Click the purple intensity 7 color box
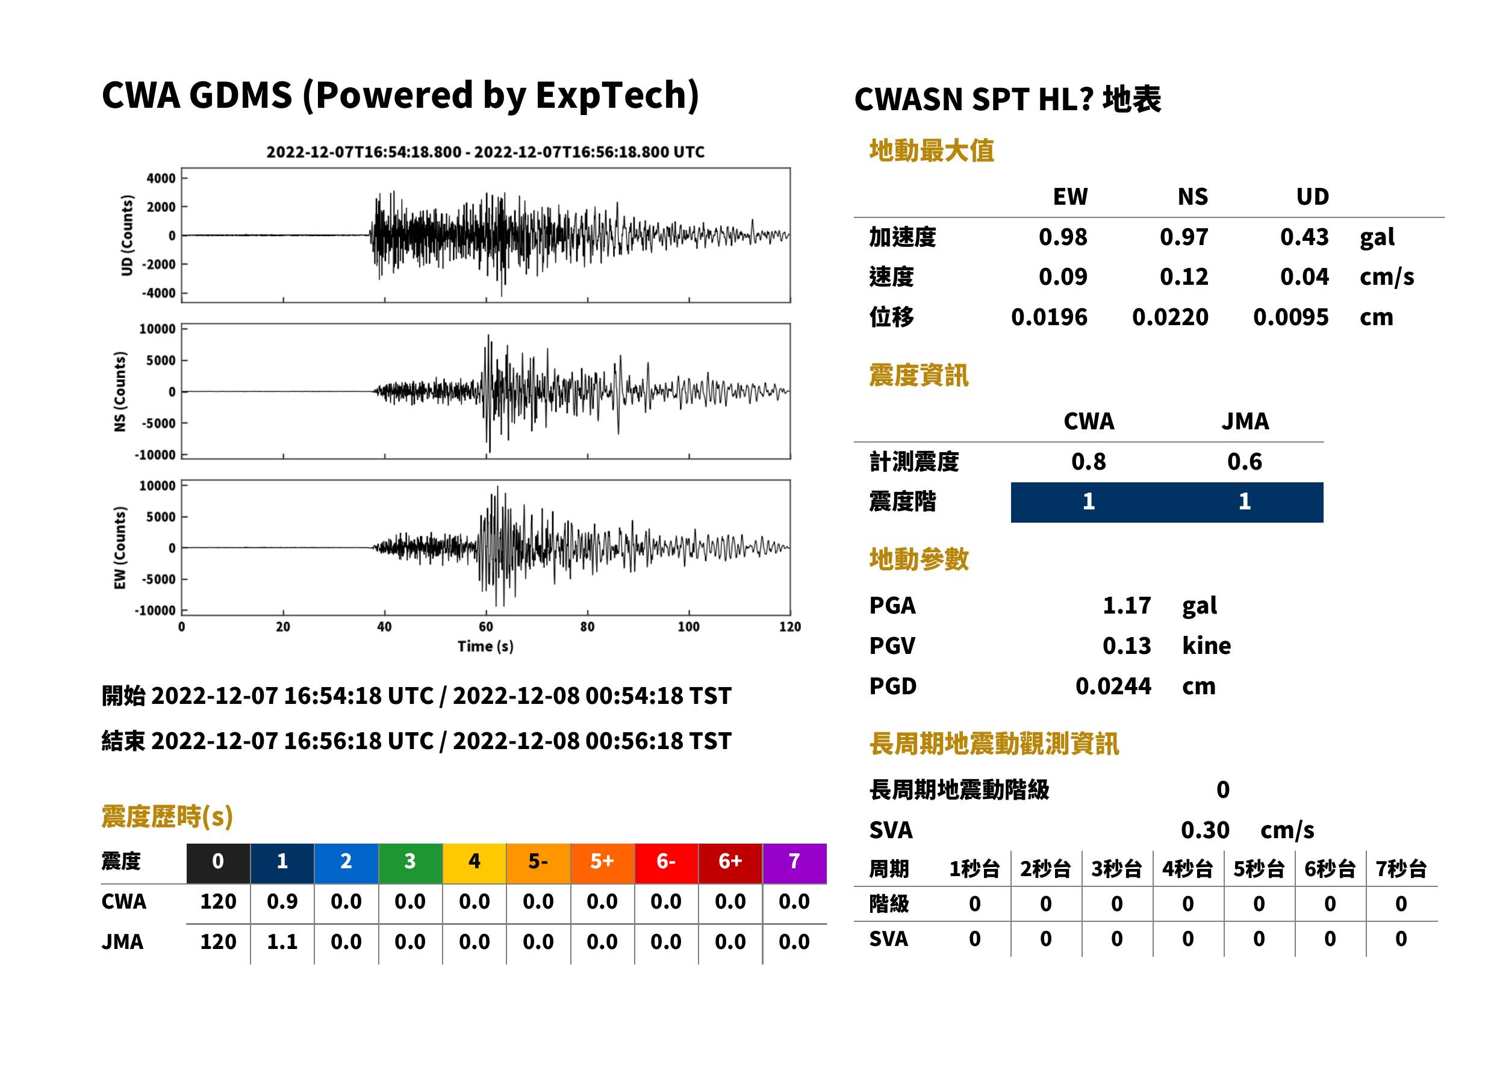pos(794,863)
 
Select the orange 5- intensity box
pos(538,863)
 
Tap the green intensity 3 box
pos(410,863)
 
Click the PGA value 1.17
pos(1126,605)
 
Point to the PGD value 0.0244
pos(1113,686)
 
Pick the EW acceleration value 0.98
pos(1062,237)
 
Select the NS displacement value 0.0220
pos(1170,317)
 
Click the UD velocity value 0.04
pos(1304,276)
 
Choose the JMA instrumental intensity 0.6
pos(1244,462)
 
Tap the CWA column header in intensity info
pos(1089,421)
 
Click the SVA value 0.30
pos(1205,830)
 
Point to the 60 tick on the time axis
pos(485,627)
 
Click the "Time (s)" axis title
pos(485,647)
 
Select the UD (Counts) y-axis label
pos(127,235)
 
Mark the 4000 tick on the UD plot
pos(161,178)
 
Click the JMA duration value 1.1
pos(282,942)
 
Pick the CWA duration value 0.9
pos(282,901)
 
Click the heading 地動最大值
pos(932,151)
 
